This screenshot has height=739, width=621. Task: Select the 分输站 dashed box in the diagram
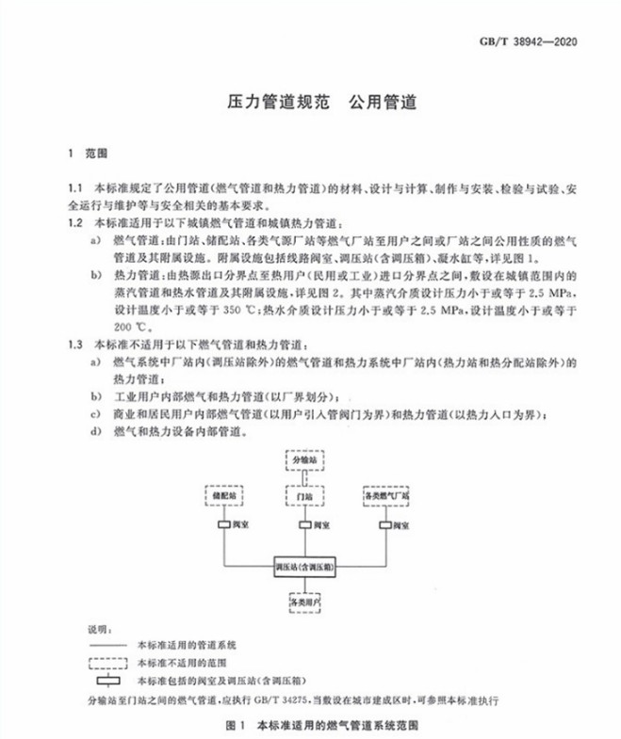click(x=310, y=461)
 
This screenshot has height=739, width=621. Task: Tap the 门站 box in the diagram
click(x=310, y=493)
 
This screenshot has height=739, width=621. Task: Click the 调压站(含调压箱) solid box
click(x=308, y=567)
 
